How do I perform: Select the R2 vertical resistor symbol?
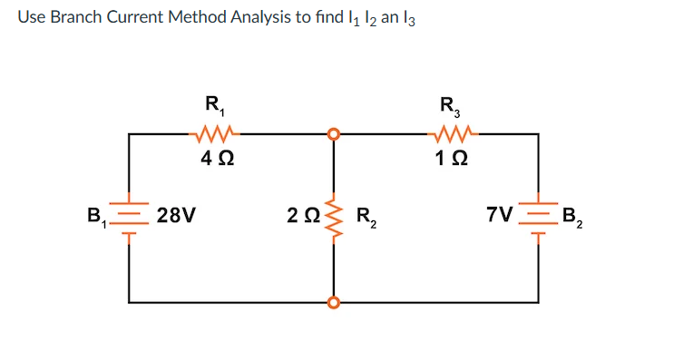coord(335,217)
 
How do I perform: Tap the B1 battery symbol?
coord(129,218)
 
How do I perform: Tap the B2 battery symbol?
coord(539,218)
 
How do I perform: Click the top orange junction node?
coord(335,134)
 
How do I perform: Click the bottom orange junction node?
coord(335,301)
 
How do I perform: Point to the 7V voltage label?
coord(499,216)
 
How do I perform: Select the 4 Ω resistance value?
coord(214,160)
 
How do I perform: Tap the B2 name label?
coord(572,218)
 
